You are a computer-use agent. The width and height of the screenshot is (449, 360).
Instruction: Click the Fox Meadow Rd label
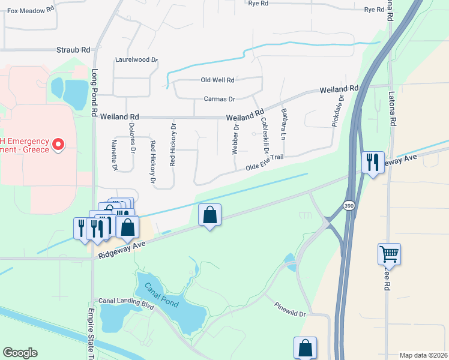click(x=30, y=10)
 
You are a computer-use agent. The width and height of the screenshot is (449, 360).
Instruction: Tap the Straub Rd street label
click(x=73, y=50)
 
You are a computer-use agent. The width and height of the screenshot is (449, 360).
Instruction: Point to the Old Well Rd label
click(x=217, y=80)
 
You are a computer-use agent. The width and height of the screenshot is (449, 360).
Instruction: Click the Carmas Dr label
click(x=219, y=98)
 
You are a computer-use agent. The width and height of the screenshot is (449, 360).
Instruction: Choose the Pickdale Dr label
click(x=338, y=111)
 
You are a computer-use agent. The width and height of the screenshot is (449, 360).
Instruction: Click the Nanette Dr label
click(x=114, y=155)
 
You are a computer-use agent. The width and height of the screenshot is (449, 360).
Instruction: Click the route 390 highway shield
click(x=348, y=206)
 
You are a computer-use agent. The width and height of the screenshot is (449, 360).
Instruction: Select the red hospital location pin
click(x=58, y=145)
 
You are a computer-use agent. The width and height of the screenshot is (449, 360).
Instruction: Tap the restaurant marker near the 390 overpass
click(x=373, y=162)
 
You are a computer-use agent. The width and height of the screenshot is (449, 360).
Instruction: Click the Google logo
click(x=20, y=353)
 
